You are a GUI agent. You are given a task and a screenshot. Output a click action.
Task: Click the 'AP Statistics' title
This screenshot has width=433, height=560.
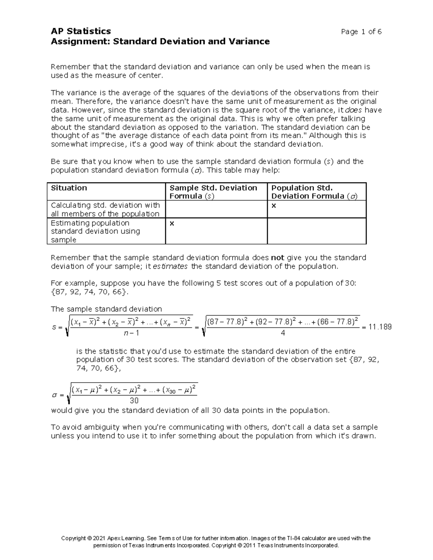[81, 31]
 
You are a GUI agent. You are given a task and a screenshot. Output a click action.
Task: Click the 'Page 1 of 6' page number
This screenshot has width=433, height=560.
[361, 32]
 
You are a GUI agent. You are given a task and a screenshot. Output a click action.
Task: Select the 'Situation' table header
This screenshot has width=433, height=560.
[69, 188]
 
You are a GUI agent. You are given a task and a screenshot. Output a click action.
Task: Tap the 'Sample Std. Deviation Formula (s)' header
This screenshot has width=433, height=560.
[213, 192]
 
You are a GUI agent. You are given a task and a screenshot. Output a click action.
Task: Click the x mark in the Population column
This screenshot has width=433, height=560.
[274, 205]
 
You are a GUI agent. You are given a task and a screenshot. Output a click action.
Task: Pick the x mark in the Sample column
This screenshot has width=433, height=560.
[172, 223]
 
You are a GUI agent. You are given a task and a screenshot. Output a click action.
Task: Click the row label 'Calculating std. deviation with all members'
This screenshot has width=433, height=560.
[105, 210]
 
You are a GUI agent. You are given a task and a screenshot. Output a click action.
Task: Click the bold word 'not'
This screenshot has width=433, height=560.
[277, 258]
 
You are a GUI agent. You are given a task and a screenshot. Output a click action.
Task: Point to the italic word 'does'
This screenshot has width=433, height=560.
[355, 110]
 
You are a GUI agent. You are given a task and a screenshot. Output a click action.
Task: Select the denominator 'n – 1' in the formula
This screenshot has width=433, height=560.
[131, 333]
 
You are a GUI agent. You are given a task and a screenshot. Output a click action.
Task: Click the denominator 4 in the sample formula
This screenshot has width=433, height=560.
[283, 333]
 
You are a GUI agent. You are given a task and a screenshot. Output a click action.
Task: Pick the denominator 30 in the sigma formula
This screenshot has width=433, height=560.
[134, 401]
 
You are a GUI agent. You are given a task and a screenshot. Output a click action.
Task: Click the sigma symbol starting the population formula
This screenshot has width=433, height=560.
[54, 395]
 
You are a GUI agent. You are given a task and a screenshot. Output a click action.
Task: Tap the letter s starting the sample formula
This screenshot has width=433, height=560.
[54, 327]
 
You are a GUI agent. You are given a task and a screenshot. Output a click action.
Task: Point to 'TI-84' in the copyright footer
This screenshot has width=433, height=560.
[293, 538]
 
